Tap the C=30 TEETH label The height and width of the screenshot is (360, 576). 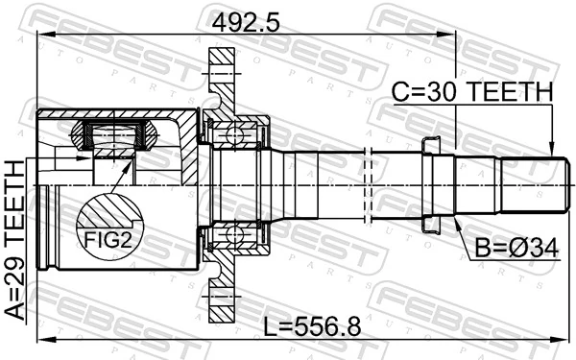point(472,92)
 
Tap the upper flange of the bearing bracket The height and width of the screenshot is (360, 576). point(222,83)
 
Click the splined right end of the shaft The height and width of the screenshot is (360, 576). point(528,181)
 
